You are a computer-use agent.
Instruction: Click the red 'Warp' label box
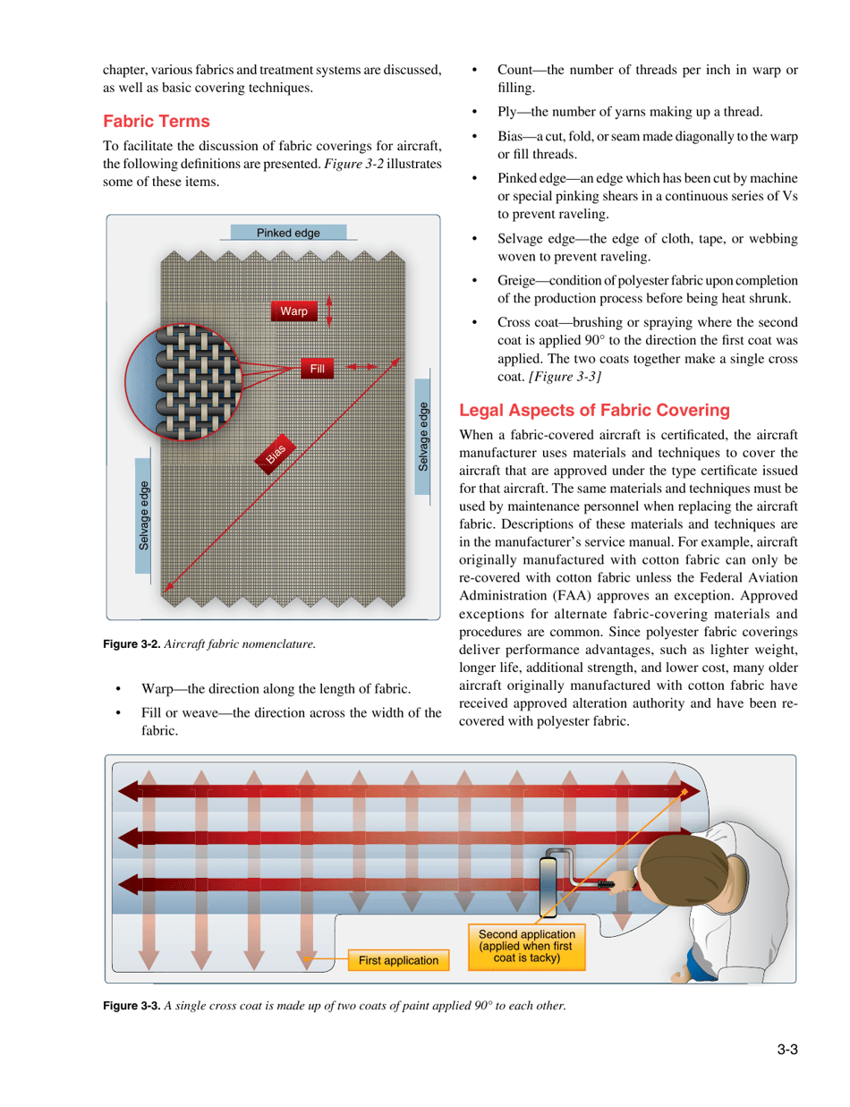click(293, 311)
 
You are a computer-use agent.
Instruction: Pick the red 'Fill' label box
click(317, 368)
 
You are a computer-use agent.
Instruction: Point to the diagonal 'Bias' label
click(275, 455)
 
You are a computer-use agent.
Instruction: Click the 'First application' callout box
click(399, 959)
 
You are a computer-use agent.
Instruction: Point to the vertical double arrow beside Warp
click(329, 310)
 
